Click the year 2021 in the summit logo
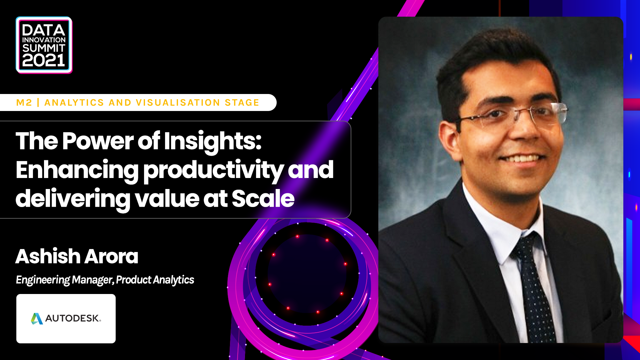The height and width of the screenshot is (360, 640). pos(43,60)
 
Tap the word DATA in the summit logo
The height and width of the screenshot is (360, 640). pos(43,30)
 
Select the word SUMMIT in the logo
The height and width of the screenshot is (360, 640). pos(43,48)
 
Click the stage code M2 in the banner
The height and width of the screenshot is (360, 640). pos(24,103)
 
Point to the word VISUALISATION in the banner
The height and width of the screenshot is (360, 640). pos(178,103)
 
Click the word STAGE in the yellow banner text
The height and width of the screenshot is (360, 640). pos(242,103)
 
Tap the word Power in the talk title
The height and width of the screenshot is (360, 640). pos(98,141)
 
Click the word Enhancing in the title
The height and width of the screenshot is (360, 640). pos(77,170)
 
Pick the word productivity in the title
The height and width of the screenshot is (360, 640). pos(213,170)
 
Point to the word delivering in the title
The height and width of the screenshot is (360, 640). pos(73,199)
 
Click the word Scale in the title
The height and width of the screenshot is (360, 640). pos(263,199)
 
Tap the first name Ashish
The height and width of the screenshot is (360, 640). pos(48,256)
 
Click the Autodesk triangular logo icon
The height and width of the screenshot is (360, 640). pos(37,319)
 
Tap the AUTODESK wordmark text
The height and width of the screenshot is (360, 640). pos(72,318)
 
